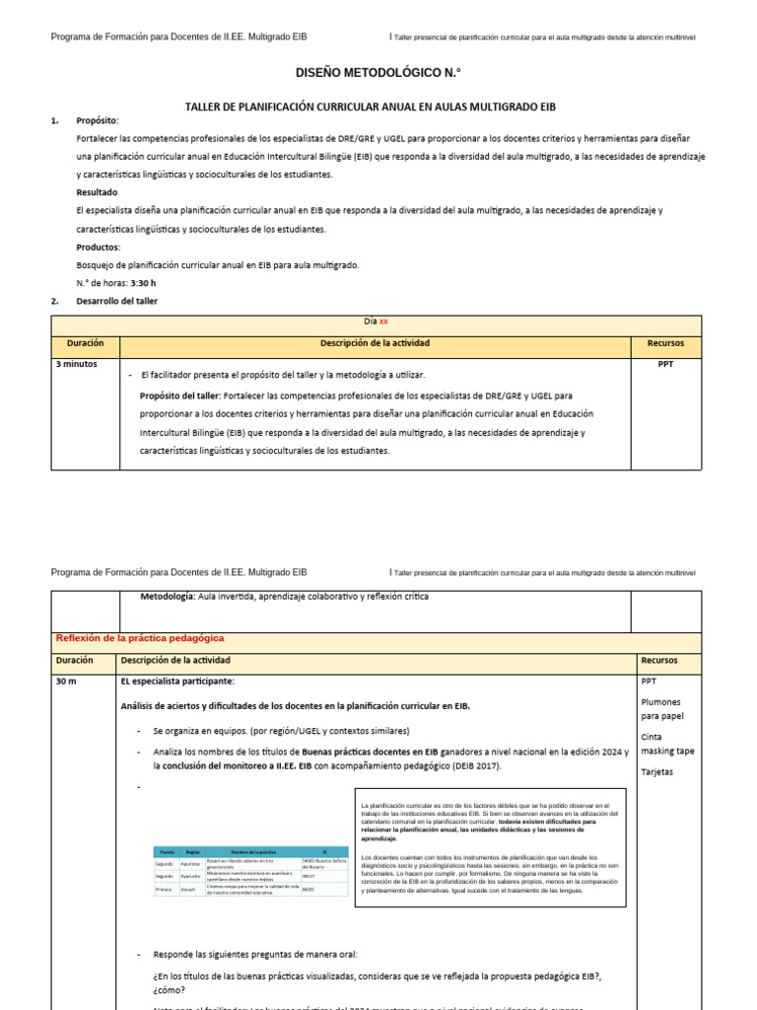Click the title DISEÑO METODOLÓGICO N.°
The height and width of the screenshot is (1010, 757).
[x=378, y=73]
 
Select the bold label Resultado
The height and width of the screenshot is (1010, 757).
[x=97, y=192]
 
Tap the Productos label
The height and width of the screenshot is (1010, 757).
[x=98, y=247]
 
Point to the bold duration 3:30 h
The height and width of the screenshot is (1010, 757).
[x=143, y=283]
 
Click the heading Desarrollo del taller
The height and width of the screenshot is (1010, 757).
[x=116, y=301]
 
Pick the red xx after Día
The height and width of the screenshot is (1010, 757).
[x=383, y=322]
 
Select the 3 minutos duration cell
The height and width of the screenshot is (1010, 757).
[x=75, y=364]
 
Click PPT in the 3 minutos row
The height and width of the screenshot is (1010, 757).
[x=665, y=364]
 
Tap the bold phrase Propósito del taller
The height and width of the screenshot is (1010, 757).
[x=181, y=395]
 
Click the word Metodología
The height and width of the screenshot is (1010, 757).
[x=168, y=597]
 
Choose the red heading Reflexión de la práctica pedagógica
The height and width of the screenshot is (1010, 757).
[x=140, y=639]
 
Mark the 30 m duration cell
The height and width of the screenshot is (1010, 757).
[x=66, y=682]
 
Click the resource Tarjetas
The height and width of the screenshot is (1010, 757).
[x=656, y=771]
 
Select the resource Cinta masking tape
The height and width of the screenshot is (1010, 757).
[x=666, y=744]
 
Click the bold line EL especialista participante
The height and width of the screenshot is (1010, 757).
[x=177, y=682]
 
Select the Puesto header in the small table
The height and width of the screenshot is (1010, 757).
[x=167, y=851]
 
